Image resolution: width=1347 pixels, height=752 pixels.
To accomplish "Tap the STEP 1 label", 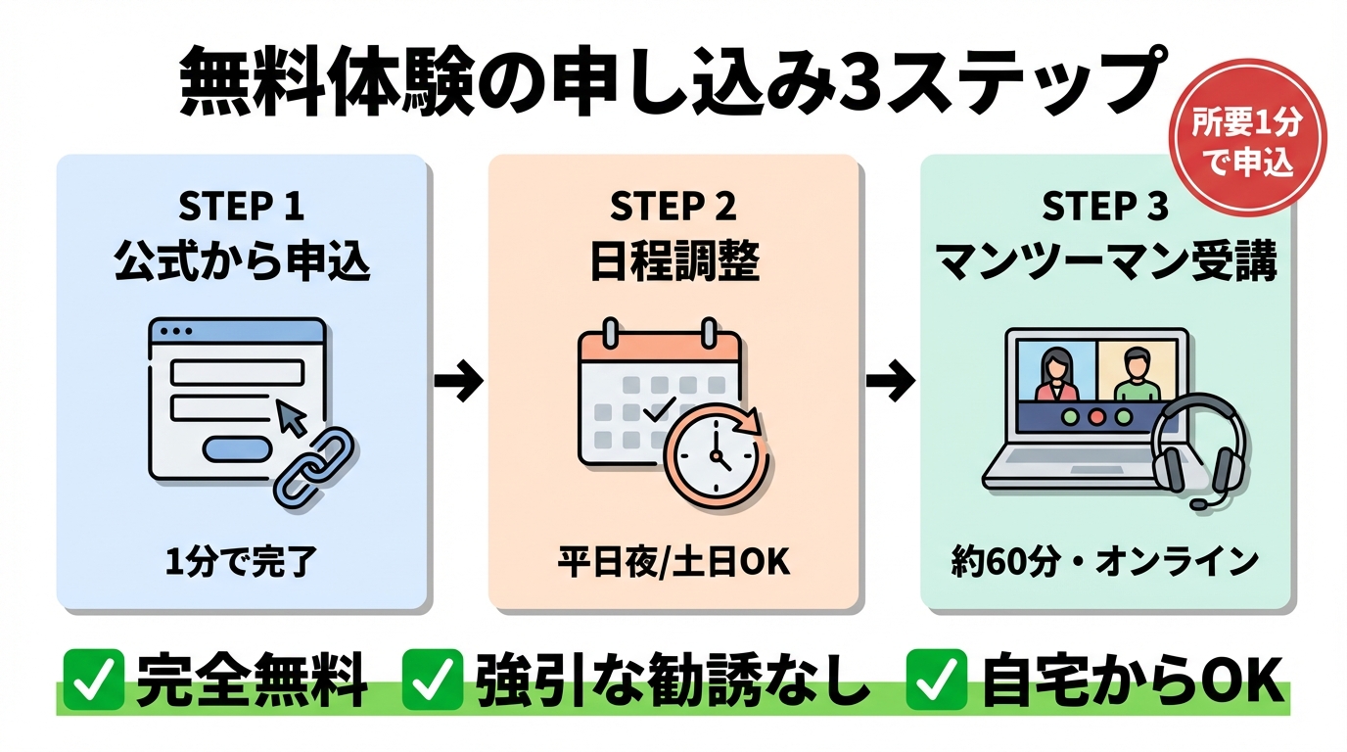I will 242,208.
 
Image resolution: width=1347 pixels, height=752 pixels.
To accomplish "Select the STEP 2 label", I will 673,208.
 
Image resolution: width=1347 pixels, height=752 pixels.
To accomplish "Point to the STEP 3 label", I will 1105,208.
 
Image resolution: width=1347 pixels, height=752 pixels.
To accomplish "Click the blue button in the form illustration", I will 237,448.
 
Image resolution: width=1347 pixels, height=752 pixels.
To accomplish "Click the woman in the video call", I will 1057,377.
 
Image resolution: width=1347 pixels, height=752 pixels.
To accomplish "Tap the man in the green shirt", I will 1136,377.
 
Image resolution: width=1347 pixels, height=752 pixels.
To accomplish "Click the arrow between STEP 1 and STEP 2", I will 459,382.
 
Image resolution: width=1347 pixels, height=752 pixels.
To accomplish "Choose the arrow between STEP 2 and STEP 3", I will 891,382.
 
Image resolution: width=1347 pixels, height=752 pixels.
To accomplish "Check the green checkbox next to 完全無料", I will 93,679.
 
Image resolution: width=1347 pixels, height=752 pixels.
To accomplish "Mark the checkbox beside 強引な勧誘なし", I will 433,679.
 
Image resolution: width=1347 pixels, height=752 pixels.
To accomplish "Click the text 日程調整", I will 673,261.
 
